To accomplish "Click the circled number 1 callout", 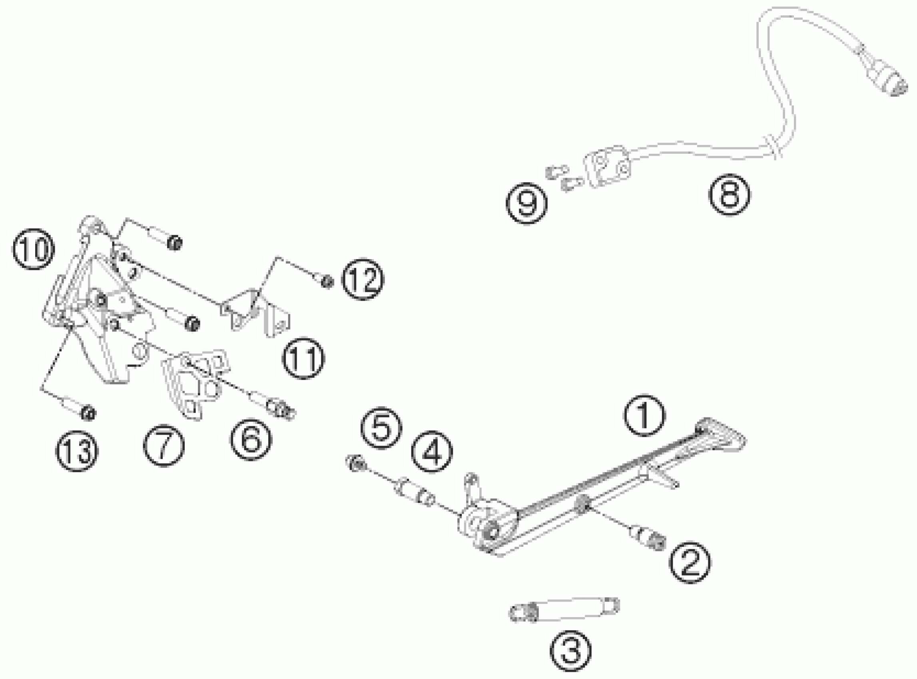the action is click(644, 415).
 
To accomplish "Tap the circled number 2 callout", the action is click(690, 562).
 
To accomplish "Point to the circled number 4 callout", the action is click(432, 451).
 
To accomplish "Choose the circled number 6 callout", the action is click(251, 439).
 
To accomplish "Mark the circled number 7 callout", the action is click(164, 446).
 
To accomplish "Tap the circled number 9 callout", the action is click(526, 203).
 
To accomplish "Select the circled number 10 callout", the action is click(34, 249).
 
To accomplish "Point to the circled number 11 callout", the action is click(303, 358).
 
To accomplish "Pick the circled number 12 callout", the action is click(363, 279).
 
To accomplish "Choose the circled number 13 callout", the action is click(77, 451).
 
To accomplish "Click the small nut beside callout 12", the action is click(327, 282).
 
